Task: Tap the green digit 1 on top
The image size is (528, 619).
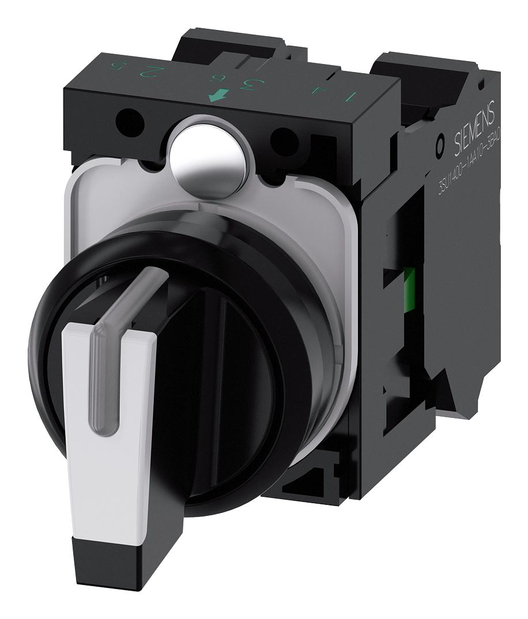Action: (351, 96)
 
